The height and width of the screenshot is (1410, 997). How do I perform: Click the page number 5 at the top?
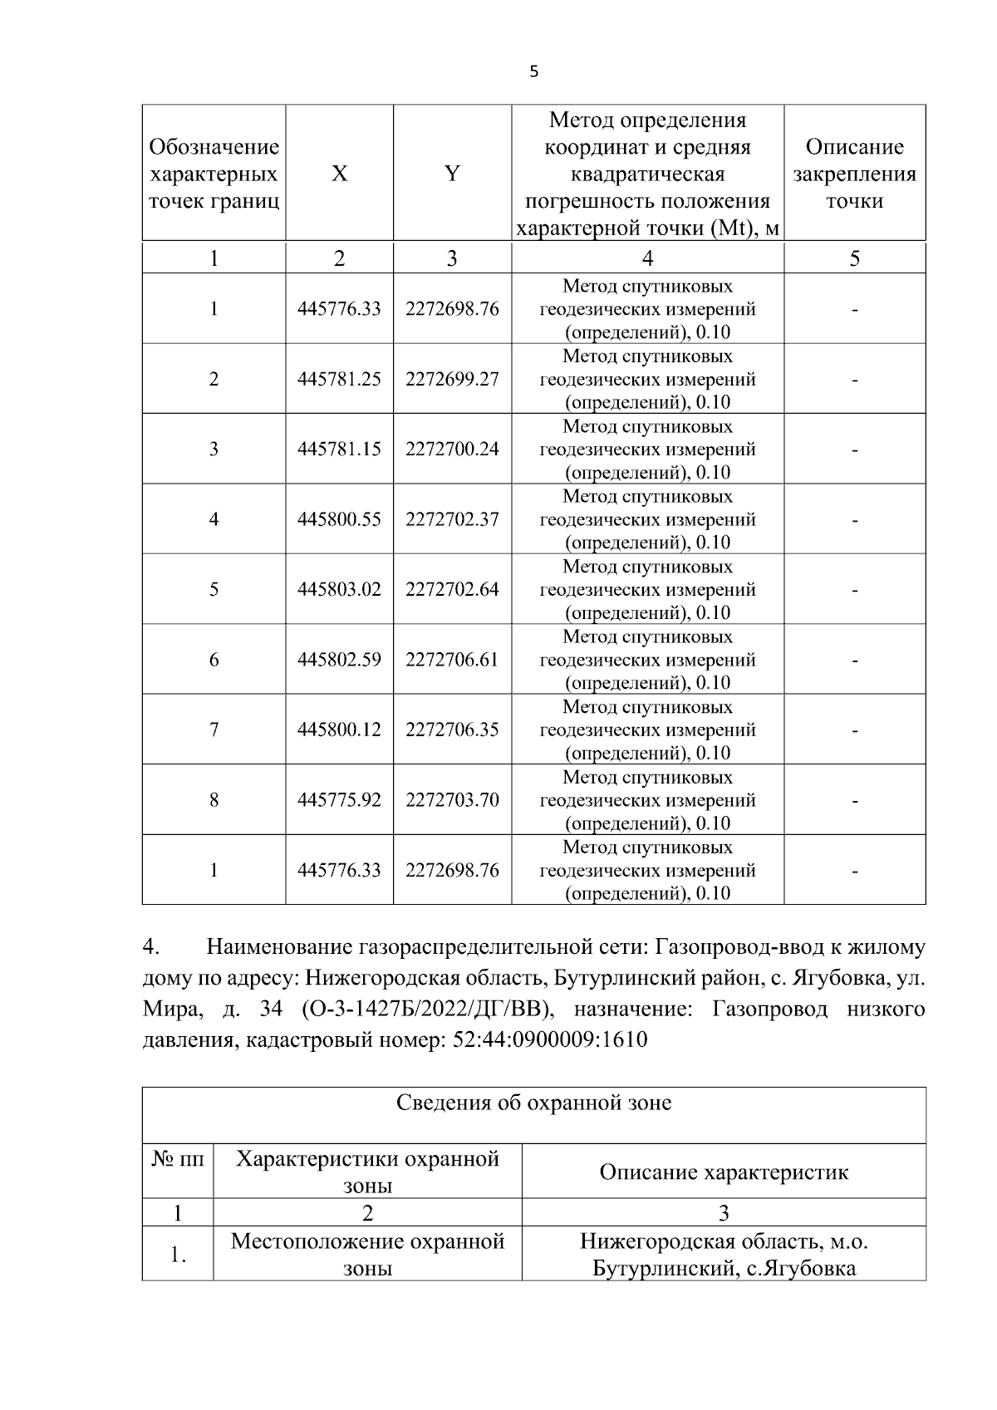(533, 72)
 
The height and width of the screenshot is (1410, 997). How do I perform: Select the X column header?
(339, 174)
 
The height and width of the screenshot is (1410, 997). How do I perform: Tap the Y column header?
(451, 174)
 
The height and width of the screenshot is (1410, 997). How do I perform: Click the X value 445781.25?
(339, 379)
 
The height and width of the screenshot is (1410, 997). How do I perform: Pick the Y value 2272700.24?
(452, 450)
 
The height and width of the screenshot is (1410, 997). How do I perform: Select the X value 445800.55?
(339, 519)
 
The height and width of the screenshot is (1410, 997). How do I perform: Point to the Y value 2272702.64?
(452, 590)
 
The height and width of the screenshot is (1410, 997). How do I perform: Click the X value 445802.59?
(339, 660)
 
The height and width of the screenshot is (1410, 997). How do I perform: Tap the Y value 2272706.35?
(452, 730)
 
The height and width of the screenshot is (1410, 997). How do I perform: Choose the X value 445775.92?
(339, 800)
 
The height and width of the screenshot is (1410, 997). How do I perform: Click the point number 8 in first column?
(214, 800)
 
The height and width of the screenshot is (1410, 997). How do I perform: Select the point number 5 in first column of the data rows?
(214, 590)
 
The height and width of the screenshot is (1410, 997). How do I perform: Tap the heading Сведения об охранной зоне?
(533, 1103)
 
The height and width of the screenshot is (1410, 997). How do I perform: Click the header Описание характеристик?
(724, 1172)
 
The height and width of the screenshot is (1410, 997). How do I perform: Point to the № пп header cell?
(178, 1158)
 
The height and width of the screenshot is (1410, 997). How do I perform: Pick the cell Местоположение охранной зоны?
(367, 1255)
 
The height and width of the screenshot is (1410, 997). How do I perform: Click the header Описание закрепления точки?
(854, 174)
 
